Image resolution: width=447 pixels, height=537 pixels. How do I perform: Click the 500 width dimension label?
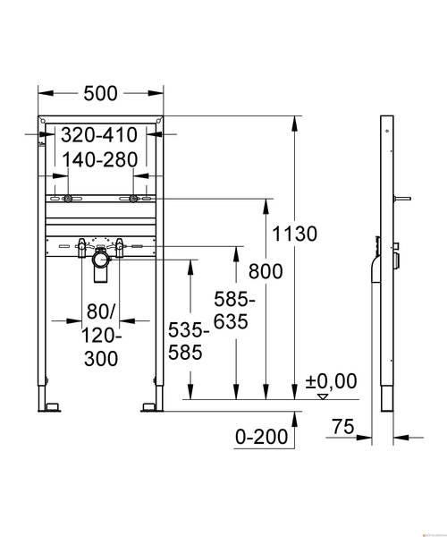(100, 93)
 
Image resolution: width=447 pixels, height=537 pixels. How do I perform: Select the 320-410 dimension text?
(99, 135)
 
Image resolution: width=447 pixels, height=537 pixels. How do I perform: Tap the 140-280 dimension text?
(100, 159)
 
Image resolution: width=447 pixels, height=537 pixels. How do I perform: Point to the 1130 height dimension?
(294, 234)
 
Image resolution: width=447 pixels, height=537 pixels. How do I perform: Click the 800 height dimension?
(266, 271)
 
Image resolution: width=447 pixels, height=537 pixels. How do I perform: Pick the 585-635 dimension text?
(234, 311)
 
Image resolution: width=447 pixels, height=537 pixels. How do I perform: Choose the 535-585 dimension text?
(189, 342)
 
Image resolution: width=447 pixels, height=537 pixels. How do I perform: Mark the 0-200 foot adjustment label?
(262, 437)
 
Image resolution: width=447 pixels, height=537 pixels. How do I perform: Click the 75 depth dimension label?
(343, 427)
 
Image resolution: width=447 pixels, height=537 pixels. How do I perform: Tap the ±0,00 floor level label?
(331, 381)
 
